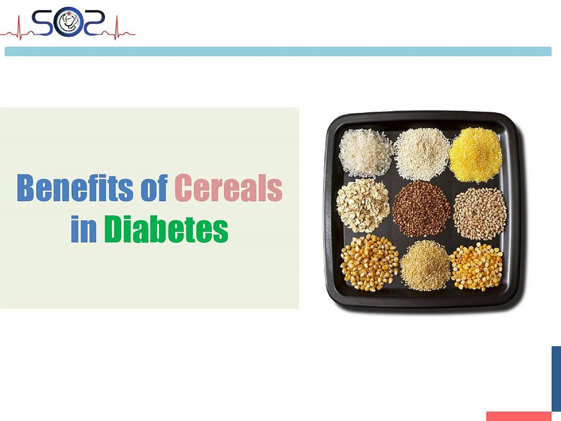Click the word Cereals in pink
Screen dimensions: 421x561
tap(228, 189)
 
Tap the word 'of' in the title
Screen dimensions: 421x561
tap(155, 189)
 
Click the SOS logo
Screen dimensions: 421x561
tap(69, 23)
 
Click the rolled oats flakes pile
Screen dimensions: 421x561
tap(363, 206)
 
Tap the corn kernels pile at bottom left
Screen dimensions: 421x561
tap(369, 263)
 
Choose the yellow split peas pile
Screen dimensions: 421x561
tap(476, 266)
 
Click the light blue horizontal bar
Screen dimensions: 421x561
tap(278, 51)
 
